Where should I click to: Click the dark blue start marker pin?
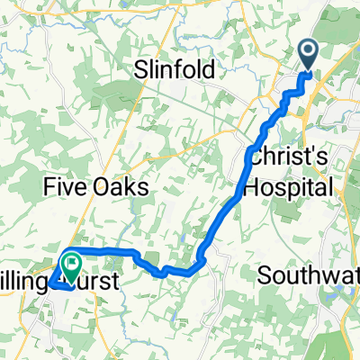click(x=308, y=56)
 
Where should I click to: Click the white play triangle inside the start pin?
click(x=308, y=52)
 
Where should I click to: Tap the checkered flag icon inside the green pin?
click(x=68, y=263)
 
